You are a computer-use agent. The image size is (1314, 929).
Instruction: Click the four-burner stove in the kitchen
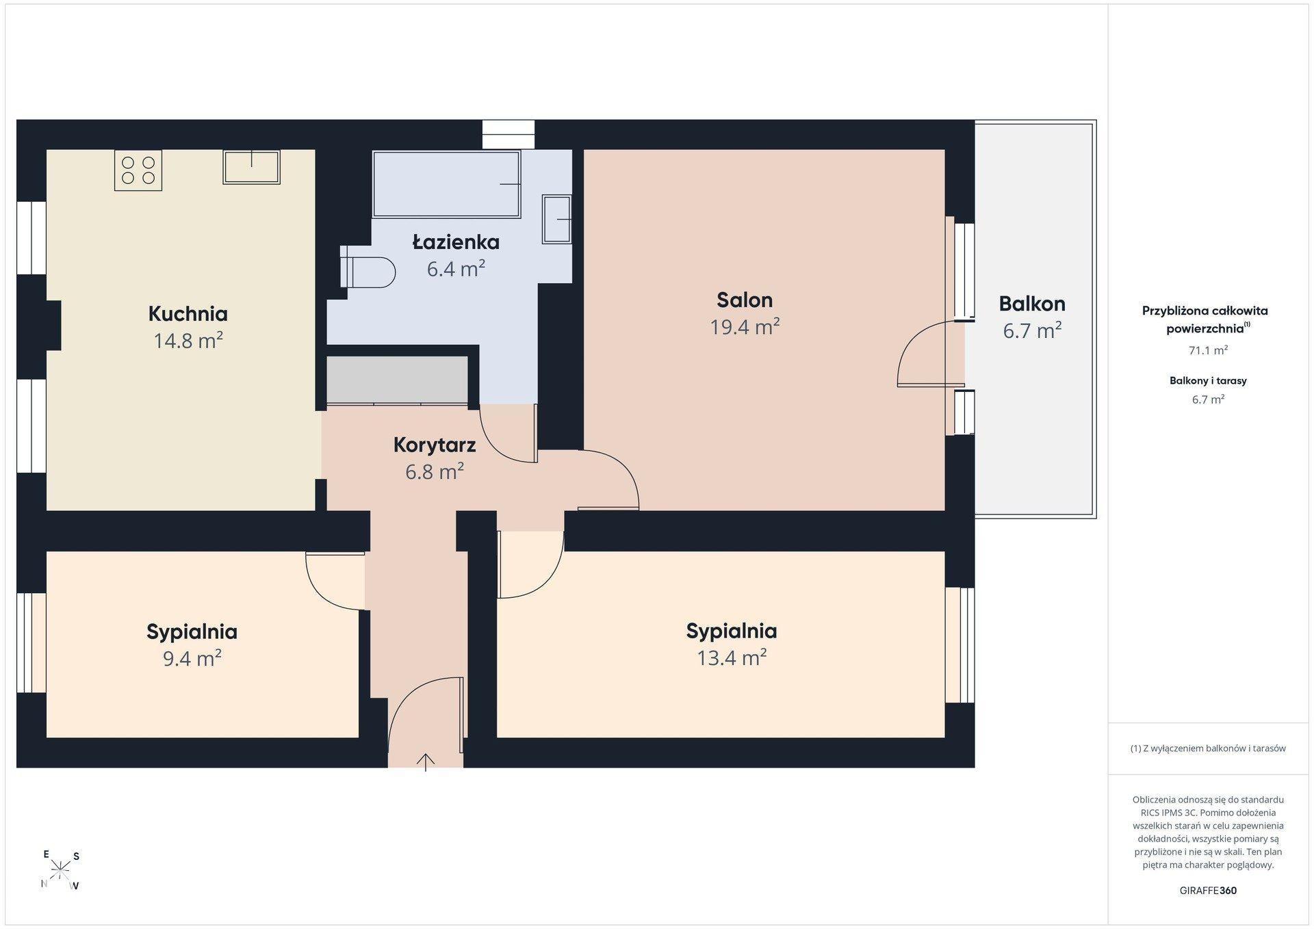click(138, 170)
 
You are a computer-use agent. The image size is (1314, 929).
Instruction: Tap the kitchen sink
click(251, 167)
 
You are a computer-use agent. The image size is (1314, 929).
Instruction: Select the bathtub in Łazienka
click(446, 183)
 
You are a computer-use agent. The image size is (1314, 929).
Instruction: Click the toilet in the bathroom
click(368, 272)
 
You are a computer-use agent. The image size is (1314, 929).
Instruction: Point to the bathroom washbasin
click(556, 219)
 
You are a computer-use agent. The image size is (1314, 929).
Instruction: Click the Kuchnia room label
click(188, 314)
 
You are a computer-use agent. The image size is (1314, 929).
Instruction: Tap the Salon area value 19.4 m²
click(745, 327)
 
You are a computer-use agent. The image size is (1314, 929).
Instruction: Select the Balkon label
click(1032, 304)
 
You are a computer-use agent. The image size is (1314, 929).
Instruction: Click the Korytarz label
click(435, 445)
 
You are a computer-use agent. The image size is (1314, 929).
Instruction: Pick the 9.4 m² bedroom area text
click(192, 658)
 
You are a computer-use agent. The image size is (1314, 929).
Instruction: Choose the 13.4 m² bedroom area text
click(732, 657)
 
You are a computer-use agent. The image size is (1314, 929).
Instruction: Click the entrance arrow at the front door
click(426, 761)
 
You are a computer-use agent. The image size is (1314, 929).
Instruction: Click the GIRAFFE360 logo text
click(1208, 891)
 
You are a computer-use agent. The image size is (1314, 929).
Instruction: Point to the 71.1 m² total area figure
click(1208, 350)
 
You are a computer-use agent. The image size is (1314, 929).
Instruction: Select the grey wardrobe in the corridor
click(398, 380)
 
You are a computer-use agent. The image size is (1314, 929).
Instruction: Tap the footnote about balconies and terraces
click(1208, 748)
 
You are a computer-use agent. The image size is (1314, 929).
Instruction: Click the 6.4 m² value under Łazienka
click(456, 268)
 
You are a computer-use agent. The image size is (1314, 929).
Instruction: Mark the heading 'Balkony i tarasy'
click(1208, 380)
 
